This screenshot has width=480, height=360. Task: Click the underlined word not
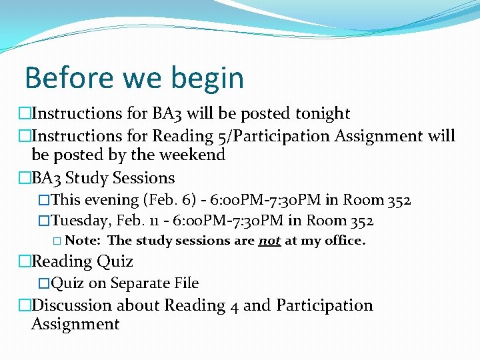point(269,241)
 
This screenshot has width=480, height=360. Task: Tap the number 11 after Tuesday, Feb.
point(157,221)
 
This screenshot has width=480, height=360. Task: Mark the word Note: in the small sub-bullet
point(84,241)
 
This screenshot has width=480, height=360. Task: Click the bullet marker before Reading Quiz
point(25,261)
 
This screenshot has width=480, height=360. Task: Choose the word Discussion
point(72,305)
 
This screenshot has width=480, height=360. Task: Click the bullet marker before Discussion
point(25,305)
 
